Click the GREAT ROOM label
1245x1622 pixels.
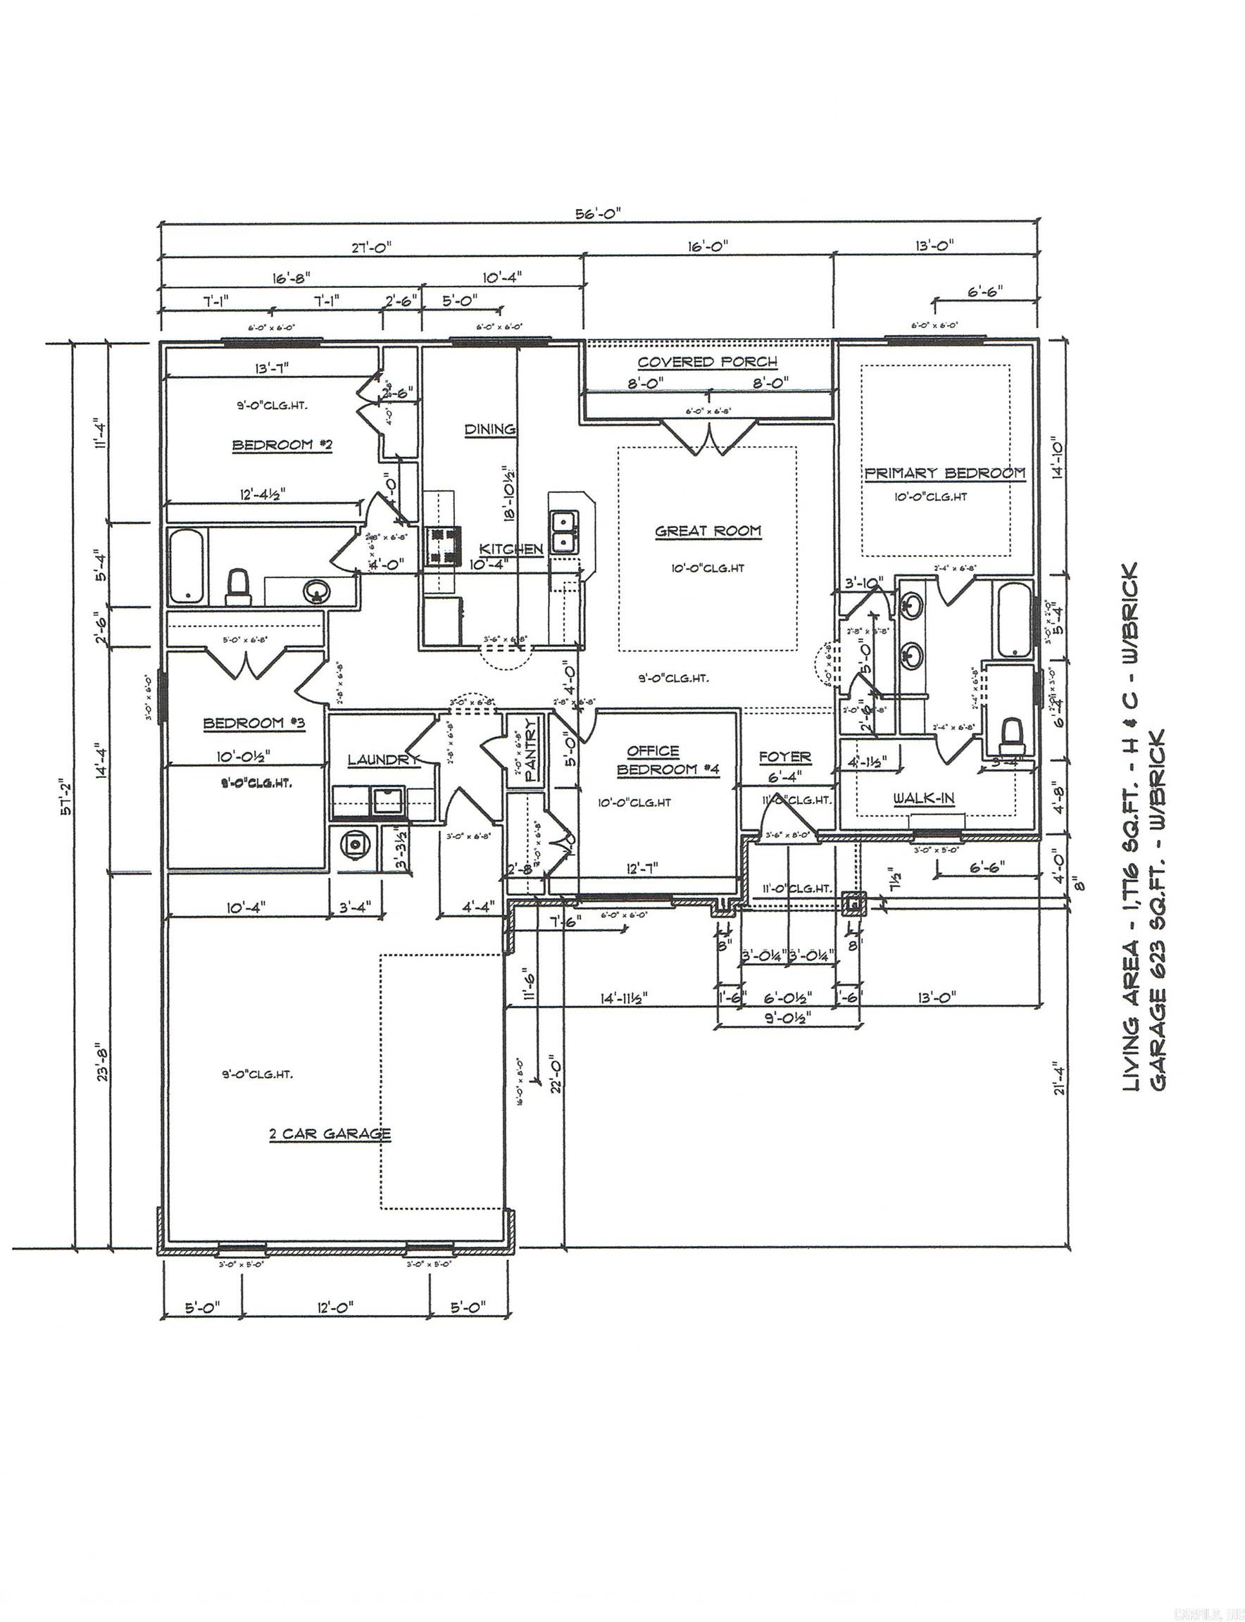click(708, 531)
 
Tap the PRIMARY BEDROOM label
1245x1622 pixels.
click(945, 473)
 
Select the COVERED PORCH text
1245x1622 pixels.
click(708, 362)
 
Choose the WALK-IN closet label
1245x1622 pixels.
click(923, 798)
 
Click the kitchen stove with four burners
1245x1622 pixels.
click(442, 546)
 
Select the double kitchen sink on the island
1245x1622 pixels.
click(565, 532)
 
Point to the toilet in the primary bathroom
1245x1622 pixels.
click(1011, 735)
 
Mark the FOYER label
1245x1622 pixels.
click(784, 757)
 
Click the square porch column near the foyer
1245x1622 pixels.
click(854, 903)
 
